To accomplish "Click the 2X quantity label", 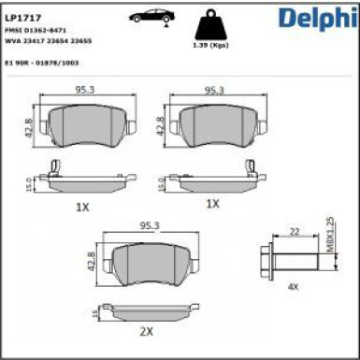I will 146,331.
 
